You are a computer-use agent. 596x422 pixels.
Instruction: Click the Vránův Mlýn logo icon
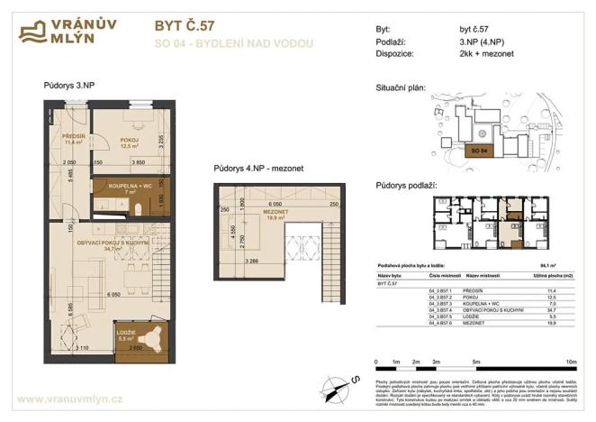35,32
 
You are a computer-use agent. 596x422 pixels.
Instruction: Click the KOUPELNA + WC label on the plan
130,188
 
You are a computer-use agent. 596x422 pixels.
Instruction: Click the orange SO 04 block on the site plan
478,151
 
